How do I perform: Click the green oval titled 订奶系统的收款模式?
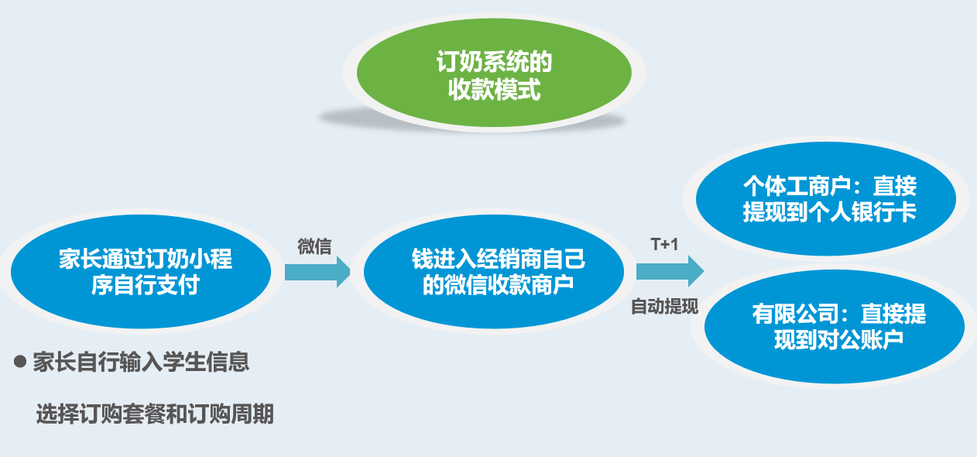(x=494, y=76)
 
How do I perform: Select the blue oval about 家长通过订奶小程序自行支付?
(x=141, y=272)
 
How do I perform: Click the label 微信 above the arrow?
(x=315, y=247)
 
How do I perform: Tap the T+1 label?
(x=664, y=245)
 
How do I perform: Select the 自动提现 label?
(x=664, y=306)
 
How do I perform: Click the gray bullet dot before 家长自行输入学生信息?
(x=21, y=361)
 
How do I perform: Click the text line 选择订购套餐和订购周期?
(x=155, y=414)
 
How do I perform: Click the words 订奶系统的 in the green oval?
(x=494, y=62)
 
